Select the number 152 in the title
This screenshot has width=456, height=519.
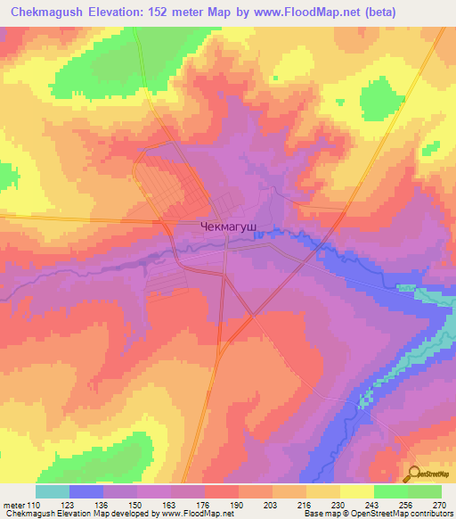(176, 11)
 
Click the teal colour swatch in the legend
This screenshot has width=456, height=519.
(53, 491)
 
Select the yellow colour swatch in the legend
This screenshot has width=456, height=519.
(356, 491)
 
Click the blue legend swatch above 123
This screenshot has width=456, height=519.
(86, 491)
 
